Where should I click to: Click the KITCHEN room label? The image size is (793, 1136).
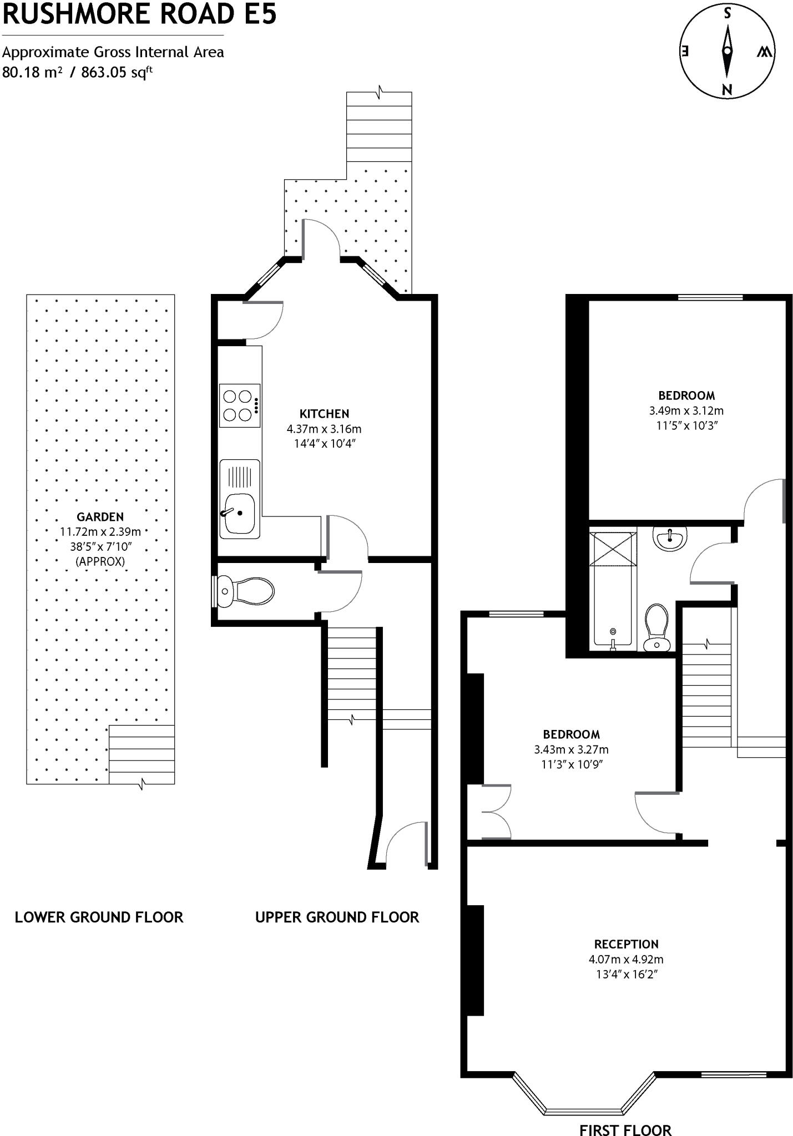pos(324,414)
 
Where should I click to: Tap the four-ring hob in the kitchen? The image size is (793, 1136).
pos(240,405)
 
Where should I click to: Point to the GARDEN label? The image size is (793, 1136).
pos(100,517)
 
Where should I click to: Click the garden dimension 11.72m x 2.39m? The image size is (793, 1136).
pos(100,532)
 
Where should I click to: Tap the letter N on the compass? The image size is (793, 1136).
pos(727,89)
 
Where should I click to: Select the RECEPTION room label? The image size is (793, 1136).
pos(626,944)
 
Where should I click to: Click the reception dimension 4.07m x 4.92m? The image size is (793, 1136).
pos(626,959)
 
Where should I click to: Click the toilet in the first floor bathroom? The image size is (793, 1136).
pos(658,627)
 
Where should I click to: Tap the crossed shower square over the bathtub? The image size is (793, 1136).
pos(613,549)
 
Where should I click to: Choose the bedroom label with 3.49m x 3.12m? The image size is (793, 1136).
pos(686,395)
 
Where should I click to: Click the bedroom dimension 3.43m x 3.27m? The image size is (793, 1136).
pos(571,749)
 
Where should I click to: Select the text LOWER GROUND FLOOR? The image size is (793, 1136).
pos(99,917)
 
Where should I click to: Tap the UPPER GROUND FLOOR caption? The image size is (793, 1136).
pos(337,917)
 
